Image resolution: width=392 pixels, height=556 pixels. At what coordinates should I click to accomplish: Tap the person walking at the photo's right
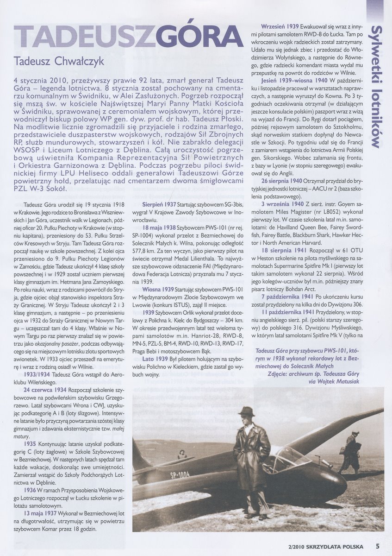352,452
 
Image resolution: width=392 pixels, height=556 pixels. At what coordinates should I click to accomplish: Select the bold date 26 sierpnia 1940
286,180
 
